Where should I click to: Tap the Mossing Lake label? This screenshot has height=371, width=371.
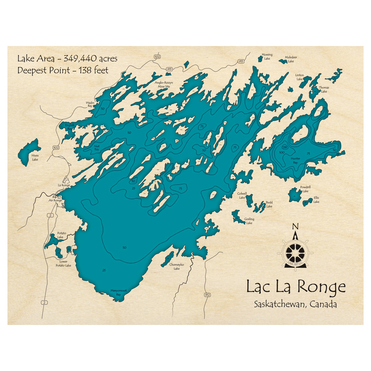pyautogui.click(x=267, y=56)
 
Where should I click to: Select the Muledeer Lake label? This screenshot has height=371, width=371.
pyautogui.click(x=291, y=59)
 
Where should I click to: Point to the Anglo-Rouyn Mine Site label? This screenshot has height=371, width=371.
pyautogui.click(x=164, y=85)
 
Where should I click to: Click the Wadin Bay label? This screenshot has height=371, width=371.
pyautogui.click(x=89, y=104)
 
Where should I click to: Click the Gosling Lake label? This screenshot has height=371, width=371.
pyautogui.click(x=249, y=221)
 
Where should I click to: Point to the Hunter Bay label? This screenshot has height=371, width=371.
pyautogui.click(x=295, y=161)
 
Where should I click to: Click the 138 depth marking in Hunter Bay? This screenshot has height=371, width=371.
pyautogui.click(x=285, y=147)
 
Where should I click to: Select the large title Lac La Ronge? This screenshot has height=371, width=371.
pyautogui.click(x=296, y=287)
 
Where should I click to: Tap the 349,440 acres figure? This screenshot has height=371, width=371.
pyautogui.click(x=91, y=59)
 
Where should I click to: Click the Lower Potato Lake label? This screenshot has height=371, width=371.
pyautogui.click(x=63, y=264)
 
